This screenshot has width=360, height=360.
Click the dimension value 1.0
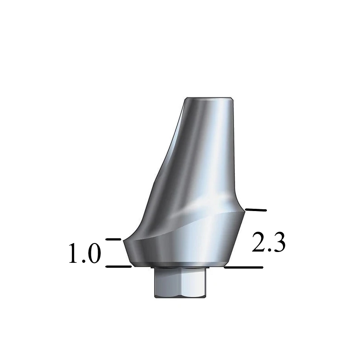(x=85, y=254)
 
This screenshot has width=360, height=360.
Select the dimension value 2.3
(x=269, y=243)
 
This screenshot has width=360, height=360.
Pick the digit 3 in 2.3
(x=279, y=243)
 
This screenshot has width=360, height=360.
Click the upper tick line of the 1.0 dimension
(x=113, y=239)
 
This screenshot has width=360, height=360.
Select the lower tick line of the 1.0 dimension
(x=118, y=266)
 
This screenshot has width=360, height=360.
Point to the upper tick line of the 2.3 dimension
(x=255, y=210)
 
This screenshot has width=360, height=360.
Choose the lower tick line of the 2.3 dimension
(x=243, y=267)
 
